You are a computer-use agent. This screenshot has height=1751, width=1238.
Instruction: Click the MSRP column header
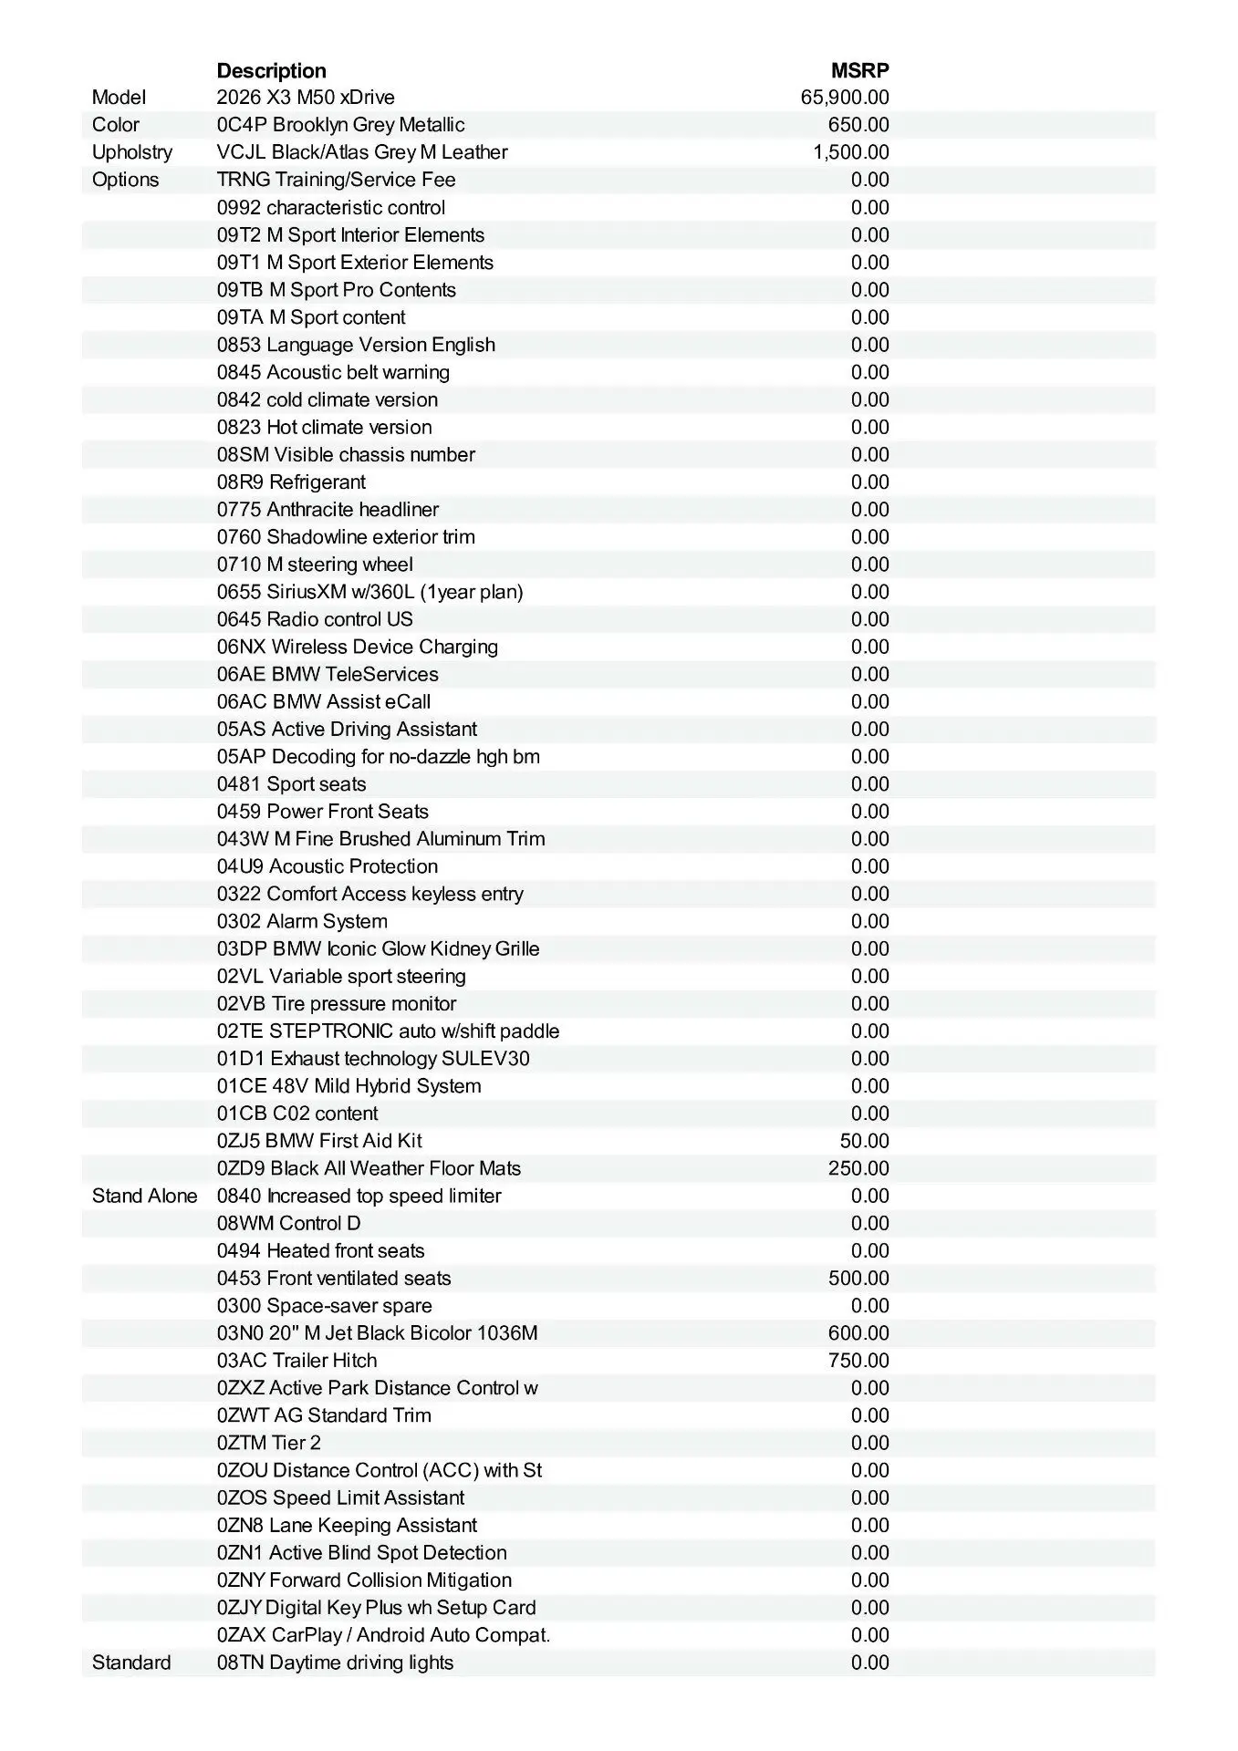tap(859, 70)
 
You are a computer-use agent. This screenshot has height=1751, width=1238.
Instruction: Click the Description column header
tap(271, 70)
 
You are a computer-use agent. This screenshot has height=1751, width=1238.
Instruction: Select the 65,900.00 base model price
tap(844, 98)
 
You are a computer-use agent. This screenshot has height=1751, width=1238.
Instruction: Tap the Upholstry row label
tap(131, 152)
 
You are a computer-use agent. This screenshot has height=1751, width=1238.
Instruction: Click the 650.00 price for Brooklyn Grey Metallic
tap(858, 125)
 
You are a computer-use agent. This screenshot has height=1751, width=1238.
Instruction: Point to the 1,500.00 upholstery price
tap(850, 152)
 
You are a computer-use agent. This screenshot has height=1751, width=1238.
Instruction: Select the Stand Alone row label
tap(144, 1196)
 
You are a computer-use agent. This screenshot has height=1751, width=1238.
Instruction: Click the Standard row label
tap(131, 1663)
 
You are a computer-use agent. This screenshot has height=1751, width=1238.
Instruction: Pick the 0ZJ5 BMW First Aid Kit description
tap(319, 1141)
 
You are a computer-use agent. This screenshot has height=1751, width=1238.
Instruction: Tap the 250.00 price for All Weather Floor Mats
tap(858, 1168)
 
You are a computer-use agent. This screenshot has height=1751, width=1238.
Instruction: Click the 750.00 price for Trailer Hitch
tap(858, 1361)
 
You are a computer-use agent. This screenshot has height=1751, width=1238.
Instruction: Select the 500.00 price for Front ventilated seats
tap(858, 1279)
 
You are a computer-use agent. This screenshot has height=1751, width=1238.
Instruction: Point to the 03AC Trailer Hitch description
tap(296, 1361)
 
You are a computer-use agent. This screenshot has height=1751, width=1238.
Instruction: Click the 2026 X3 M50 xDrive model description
tap(306, 98)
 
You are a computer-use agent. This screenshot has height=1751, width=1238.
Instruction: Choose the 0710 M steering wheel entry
tap(315, 565)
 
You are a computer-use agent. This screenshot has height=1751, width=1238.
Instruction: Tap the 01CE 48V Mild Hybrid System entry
tap(349, 1086)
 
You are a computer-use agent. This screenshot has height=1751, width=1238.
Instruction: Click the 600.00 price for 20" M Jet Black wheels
tap(858, 1333)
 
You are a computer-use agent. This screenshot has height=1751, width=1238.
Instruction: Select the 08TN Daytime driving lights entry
tap(335, 1663)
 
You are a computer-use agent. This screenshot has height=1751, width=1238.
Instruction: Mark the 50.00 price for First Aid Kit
tap(863, 1141)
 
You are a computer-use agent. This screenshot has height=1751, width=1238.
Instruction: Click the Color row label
tap(116, 125)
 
